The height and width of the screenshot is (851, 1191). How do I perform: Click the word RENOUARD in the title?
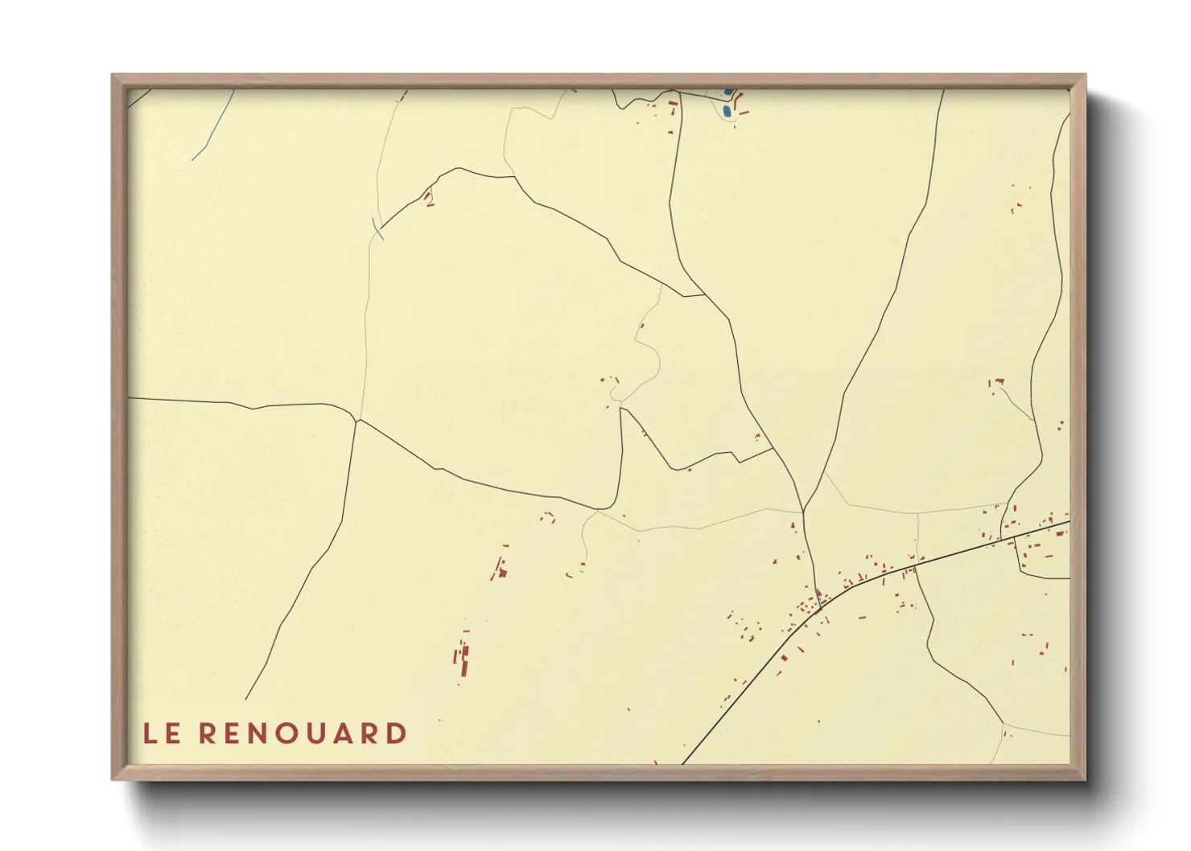click(303, 734)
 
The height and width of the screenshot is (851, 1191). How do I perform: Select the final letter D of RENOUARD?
click(397, 734)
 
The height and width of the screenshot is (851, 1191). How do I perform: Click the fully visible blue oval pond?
click(727, 111)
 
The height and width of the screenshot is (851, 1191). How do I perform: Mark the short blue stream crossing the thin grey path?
click(377, 228)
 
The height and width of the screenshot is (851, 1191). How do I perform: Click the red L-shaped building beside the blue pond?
click(740, 106)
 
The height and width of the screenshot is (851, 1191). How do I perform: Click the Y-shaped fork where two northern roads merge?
click(803, 511)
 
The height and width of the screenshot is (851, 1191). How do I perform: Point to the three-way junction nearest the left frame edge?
click(356, 420)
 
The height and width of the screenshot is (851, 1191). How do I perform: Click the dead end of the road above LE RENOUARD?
click(246, 699)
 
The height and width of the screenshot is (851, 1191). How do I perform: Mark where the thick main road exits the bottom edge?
click(683, 763)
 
